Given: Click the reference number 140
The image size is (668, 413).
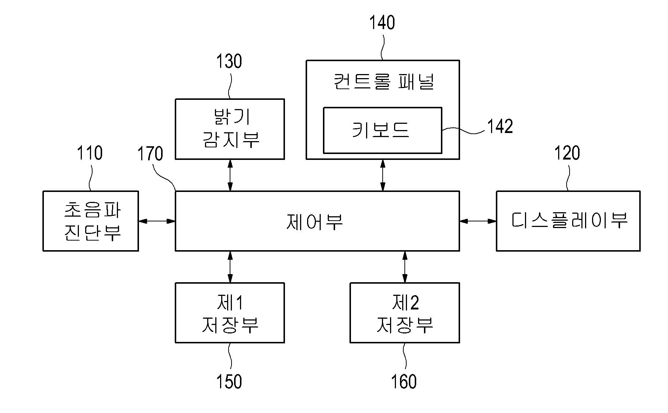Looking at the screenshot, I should tap(382, 23).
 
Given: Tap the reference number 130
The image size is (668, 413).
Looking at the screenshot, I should tap(229, 62).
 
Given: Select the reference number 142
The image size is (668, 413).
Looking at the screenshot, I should tap(500, 127).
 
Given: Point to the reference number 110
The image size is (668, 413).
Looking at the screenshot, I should tap(90, 153).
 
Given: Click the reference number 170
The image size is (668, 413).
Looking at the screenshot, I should tap(150, 154).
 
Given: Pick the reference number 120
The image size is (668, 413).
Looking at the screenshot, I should tap(567, 153).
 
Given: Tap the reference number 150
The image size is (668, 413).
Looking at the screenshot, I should tap(229, 382).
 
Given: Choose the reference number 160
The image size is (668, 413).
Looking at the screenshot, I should tap(404, 382).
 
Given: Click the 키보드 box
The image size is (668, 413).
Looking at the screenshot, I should tap(382, 130).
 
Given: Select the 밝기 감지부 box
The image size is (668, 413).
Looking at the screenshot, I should tap(230, 129).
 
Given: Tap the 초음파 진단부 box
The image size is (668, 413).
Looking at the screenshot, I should tap(91, 221).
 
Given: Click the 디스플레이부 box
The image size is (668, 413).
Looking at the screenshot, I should tap(568, 221).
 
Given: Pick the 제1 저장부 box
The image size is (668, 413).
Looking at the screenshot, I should tap(230, 313).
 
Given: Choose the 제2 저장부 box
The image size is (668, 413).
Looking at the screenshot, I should tap(404, 313).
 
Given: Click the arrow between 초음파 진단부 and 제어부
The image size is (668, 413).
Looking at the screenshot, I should tap(157, 221).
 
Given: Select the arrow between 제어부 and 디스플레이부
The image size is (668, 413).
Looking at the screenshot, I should tap(478, 221).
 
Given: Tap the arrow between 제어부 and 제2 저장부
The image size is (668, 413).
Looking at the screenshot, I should tap(405, 267).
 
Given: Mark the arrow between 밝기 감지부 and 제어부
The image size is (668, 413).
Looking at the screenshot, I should tap(230, 175).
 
